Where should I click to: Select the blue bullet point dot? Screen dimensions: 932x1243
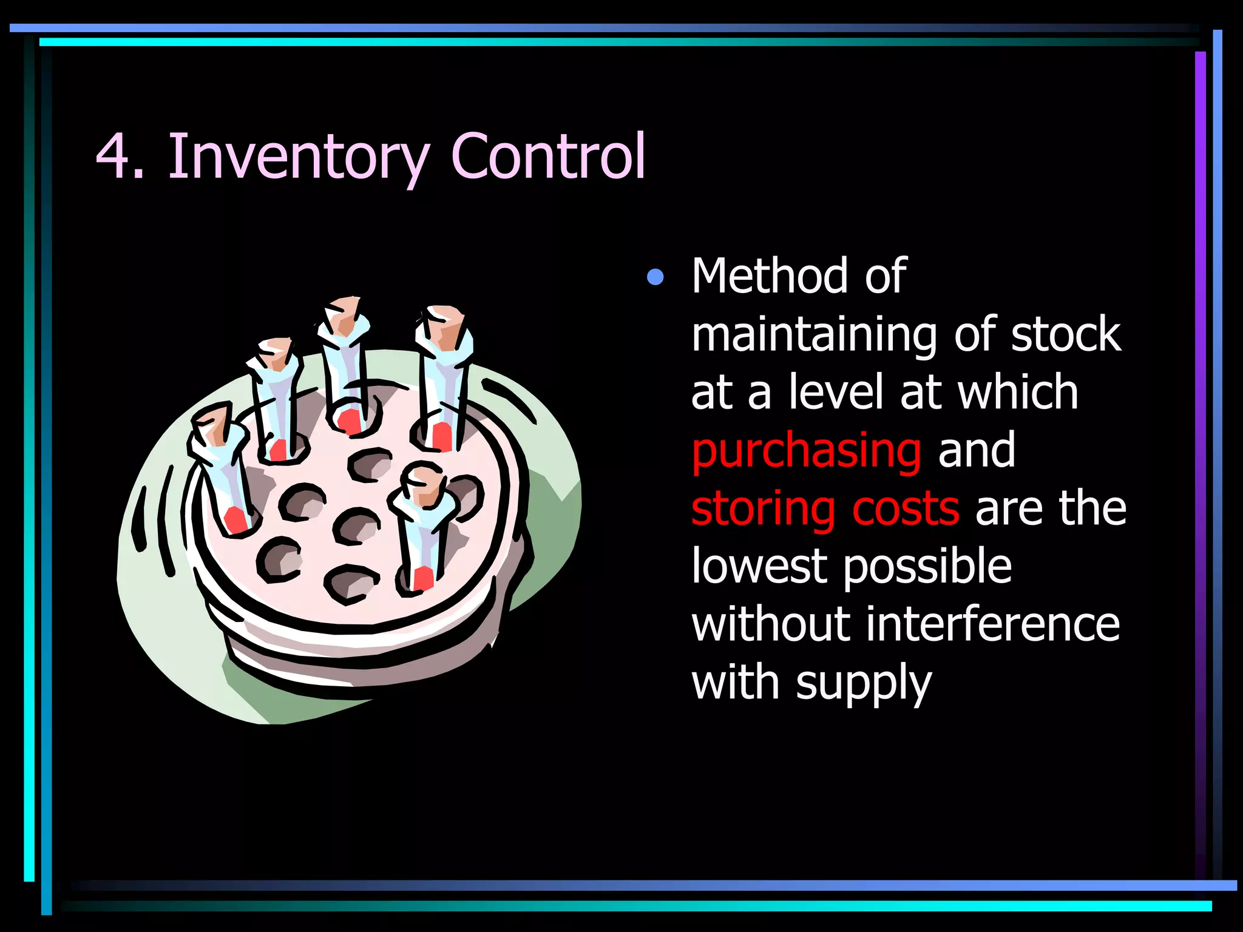[x=655, y=277]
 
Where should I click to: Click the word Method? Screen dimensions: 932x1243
[x=770, y=276]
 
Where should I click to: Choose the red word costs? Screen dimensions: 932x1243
[x=906, y=508]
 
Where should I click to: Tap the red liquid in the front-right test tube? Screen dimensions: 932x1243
[x=423, y=578]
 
